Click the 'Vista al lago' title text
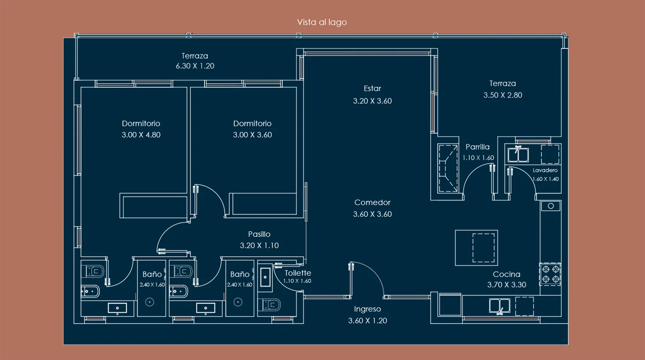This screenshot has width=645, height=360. [322, 22]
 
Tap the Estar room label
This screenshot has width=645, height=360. [372, 89]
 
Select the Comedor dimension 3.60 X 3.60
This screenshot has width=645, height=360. [372, 214]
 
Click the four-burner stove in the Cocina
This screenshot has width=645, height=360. [550, 274]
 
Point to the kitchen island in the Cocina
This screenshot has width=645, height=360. [476, 248]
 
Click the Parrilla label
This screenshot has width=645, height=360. [477, 147]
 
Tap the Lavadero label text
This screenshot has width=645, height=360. [545, 170]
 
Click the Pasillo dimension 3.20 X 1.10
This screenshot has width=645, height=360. [259, 246]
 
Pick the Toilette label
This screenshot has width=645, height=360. [298, 273]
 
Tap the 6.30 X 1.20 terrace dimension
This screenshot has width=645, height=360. [195, 66]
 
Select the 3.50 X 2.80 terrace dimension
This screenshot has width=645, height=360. [502, 95]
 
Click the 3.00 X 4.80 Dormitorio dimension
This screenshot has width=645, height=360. [141, 135]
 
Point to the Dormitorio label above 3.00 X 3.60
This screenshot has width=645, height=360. [252, 124]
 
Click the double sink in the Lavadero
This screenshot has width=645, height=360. [518, 154]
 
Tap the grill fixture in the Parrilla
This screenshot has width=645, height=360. [448, 168]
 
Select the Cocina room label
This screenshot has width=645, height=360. [506, 274]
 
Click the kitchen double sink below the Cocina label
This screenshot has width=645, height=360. [499, 306]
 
